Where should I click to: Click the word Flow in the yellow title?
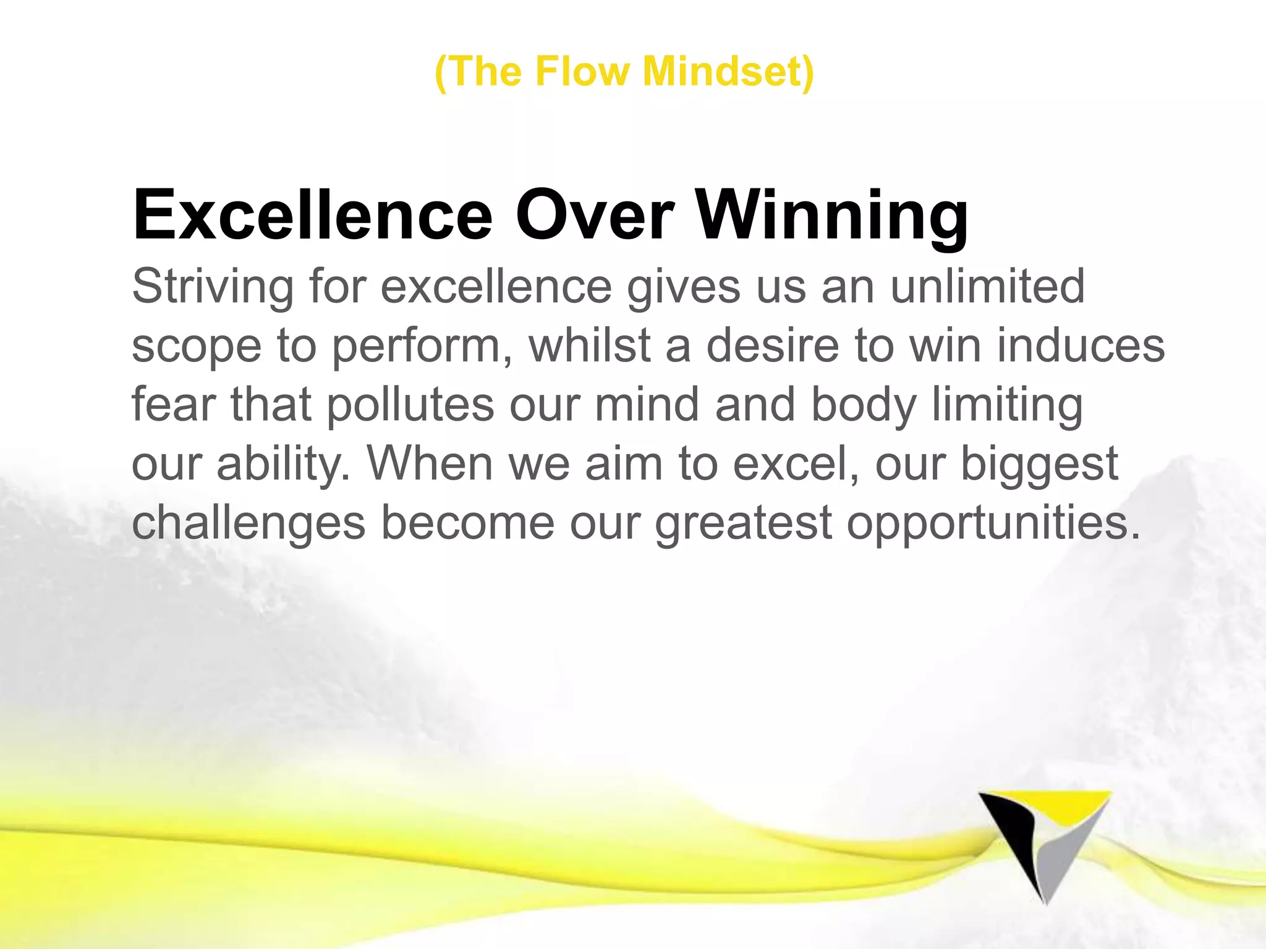[x=581, y=72]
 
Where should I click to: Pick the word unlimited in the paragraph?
[x=987, y=287]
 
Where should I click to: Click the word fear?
[x=174, y=404]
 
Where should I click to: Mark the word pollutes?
[x=410, y=404]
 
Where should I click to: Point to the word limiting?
[x=1007, y=404]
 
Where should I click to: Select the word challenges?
[x=249, y=523]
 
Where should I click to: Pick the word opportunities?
[x=993, y=523]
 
